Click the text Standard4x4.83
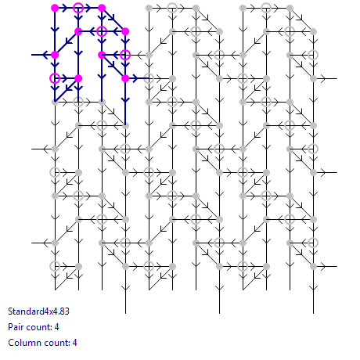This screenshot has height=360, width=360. (38, 311)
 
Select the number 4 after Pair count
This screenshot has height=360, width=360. (56, 327)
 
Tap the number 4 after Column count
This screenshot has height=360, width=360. (74, 343)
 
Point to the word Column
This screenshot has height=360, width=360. (23, 343)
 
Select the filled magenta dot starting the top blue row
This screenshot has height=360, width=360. (55, 8)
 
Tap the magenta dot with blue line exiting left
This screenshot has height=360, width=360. (55, 55)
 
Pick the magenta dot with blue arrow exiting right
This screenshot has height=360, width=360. (125, 78)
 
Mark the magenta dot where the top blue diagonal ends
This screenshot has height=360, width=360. (125, 31)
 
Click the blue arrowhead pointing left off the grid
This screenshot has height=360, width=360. (46, 55)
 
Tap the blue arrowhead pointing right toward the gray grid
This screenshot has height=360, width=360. (135, 78)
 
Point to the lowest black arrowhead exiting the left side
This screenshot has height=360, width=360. (47, 243)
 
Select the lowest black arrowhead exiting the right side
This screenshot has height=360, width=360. (322, 266)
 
